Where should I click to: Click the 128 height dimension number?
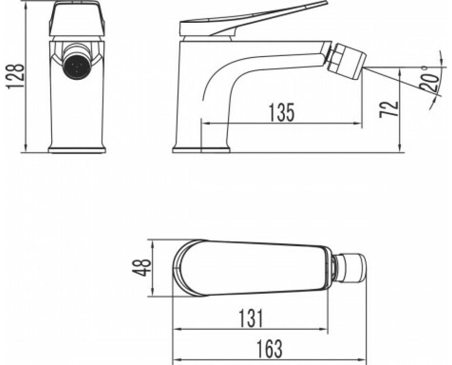[x=15, y=76]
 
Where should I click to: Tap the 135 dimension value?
[x=282, y=112]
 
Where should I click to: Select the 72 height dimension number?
[x=389, y=109]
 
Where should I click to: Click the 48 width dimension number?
[x=141, y=268]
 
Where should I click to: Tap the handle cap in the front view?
[x=78, y=19]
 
